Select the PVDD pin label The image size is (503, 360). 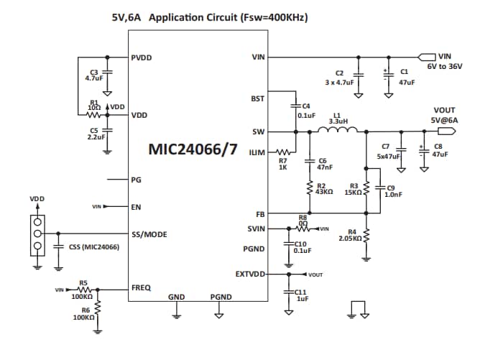(x=142, y=57)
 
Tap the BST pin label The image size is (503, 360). (x=257, y=98)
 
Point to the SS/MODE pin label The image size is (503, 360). (x=149, y=234)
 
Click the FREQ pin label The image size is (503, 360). (x=140, y=287)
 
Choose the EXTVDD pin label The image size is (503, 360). (x=250, y=274)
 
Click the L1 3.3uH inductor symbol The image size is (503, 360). (x=338, y=130)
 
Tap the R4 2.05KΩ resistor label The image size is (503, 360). (x=351, y=234)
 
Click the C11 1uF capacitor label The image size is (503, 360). (x=301, y=295)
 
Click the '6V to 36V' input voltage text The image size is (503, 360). (x=445, y=65)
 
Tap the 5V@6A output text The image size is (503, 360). (x=444, y=120)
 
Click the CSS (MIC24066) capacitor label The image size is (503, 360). (x=94, y=247)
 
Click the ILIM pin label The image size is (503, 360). (x=257, y=152)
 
